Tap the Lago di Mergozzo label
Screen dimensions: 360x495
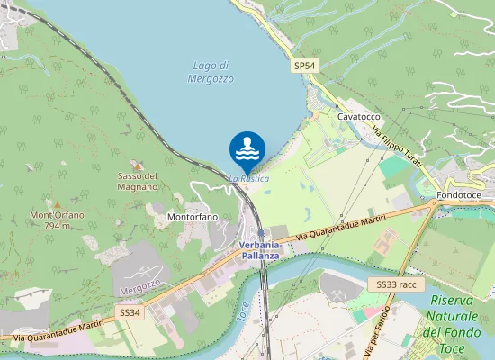(212, 72)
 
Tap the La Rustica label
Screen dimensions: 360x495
(248, 179)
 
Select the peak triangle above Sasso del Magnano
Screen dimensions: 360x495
(137, 165)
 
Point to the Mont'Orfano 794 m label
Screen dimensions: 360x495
(57, 220)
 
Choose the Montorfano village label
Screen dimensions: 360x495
(193, 217)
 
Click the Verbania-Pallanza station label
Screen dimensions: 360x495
(261, 249)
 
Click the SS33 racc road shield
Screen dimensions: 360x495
(397, 284)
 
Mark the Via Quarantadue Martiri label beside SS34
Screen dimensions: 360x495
(54, 332)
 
